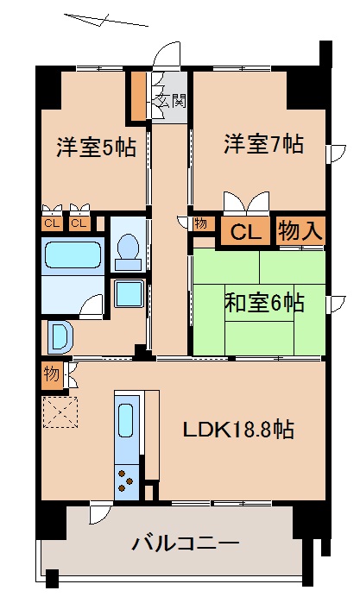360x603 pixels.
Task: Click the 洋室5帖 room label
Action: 96,146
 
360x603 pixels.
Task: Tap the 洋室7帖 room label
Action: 264,143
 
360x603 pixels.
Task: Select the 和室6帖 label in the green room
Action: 264,303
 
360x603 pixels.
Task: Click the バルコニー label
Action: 185,543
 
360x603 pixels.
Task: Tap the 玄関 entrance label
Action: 169,101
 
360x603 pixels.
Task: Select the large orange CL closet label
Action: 245,231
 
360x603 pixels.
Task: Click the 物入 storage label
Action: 300,231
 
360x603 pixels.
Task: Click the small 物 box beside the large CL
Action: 200,224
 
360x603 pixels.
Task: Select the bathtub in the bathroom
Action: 73,256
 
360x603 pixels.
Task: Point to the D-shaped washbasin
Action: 60,336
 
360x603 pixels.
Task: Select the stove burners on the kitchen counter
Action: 126,477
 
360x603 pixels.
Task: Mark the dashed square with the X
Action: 60,412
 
